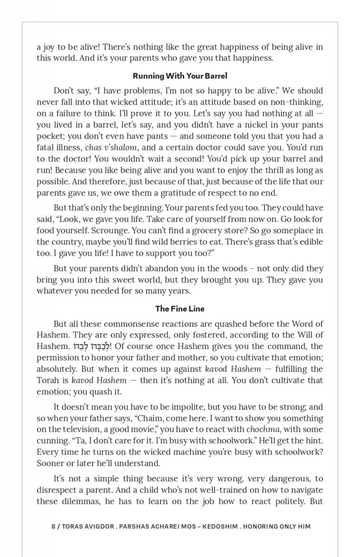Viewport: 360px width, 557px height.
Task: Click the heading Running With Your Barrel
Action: tap(180, 76)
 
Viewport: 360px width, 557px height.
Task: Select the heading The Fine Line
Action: tap(180, 309)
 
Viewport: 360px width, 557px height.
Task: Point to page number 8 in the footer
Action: tap(53, 526)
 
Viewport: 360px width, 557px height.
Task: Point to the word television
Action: tap(88, 430)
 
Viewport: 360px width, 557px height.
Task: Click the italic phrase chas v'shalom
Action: tap(111, 148)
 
